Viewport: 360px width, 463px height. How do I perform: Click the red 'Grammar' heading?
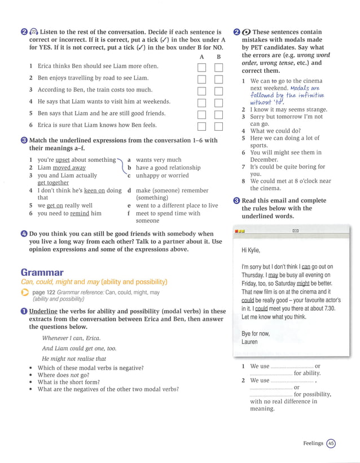(42, 272)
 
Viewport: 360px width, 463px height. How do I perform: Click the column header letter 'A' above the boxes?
(201, 57)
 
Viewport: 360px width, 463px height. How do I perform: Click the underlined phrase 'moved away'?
(69, 168)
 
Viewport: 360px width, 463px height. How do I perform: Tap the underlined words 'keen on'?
(95, 191)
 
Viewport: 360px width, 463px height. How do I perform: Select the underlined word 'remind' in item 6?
(80, 214)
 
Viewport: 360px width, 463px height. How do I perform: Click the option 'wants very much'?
(159, 160)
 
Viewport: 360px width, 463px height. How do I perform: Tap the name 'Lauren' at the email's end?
(249, 342)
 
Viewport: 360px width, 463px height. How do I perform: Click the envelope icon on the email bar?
(295, 231)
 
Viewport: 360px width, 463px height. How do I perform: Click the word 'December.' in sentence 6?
(265, 160)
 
